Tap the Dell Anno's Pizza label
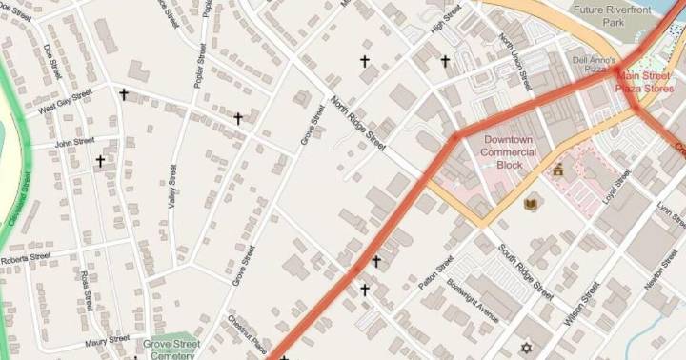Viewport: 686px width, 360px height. (589, 64)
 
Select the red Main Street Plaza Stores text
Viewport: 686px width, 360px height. (646, 82)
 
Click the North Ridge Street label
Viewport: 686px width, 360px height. (358, 123)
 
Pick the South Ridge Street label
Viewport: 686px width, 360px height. (524, 270)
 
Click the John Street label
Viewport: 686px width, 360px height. (74, 142)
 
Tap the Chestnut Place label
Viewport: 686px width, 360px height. (246, 333)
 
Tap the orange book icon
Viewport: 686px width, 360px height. (531, 202)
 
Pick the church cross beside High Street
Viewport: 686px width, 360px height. (445, 62)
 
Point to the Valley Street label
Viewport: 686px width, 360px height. (171, 187)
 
